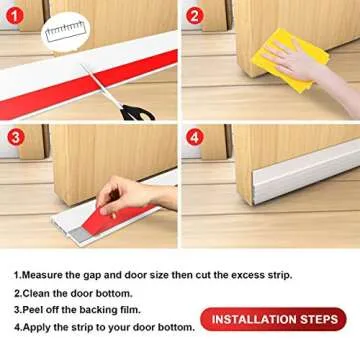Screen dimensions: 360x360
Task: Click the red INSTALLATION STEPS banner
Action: click(x=272, y=320)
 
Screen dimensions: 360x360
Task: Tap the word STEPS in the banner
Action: click(x=318, y=320)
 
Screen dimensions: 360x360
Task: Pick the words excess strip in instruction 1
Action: click(x=262, y=274)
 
